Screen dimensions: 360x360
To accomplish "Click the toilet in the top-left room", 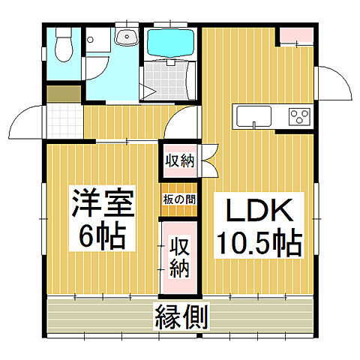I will pos(64,44).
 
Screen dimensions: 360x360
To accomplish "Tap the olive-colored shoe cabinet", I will pos(63,94).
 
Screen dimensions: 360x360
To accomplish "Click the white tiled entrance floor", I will pos(64,119).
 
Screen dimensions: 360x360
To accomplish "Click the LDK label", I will pos(256,211).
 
